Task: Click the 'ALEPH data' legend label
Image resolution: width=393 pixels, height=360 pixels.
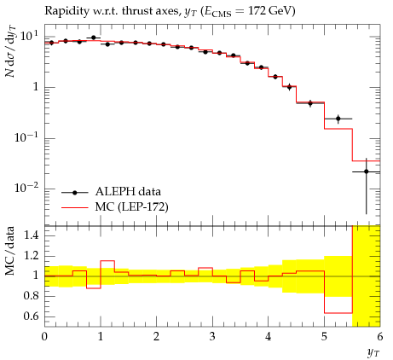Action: pos(128,192)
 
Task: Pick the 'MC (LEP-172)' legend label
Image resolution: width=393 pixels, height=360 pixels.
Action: pos(131,207)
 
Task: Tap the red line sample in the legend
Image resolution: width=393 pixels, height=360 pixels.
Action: pos(75,208)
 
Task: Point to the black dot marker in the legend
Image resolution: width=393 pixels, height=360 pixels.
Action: pos(75,193)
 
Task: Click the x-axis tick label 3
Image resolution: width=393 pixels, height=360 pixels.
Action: pos(212,337)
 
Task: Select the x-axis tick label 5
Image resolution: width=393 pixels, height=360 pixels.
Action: pos(324,337)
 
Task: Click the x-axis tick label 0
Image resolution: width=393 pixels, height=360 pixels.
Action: pos(44,337)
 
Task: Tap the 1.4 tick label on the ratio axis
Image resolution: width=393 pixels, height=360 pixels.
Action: pos(31,235)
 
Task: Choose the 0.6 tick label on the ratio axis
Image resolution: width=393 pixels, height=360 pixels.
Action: pos(31,316)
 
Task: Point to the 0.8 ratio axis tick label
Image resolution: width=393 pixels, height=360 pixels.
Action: pos(31,296)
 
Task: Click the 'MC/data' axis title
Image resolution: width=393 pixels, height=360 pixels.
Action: pos(10,251)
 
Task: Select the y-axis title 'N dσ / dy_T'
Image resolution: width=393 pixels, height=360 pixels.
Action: pos(10,51)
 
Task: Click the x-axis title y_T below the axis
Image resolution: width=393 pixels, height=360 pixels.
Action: pos(373,353)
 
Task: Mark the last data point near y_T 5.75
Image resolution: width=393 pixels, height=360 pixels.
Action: pos(367,171)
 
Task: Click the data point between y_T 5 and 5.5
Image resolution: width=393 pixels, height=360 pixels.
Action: pos(338,119)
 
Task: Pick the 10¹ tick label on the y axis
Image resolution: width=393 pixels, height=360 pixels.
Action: pos(29,36)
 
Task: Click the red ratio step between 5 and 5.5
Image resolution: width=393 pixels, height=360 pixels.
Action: pos(338,313)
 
